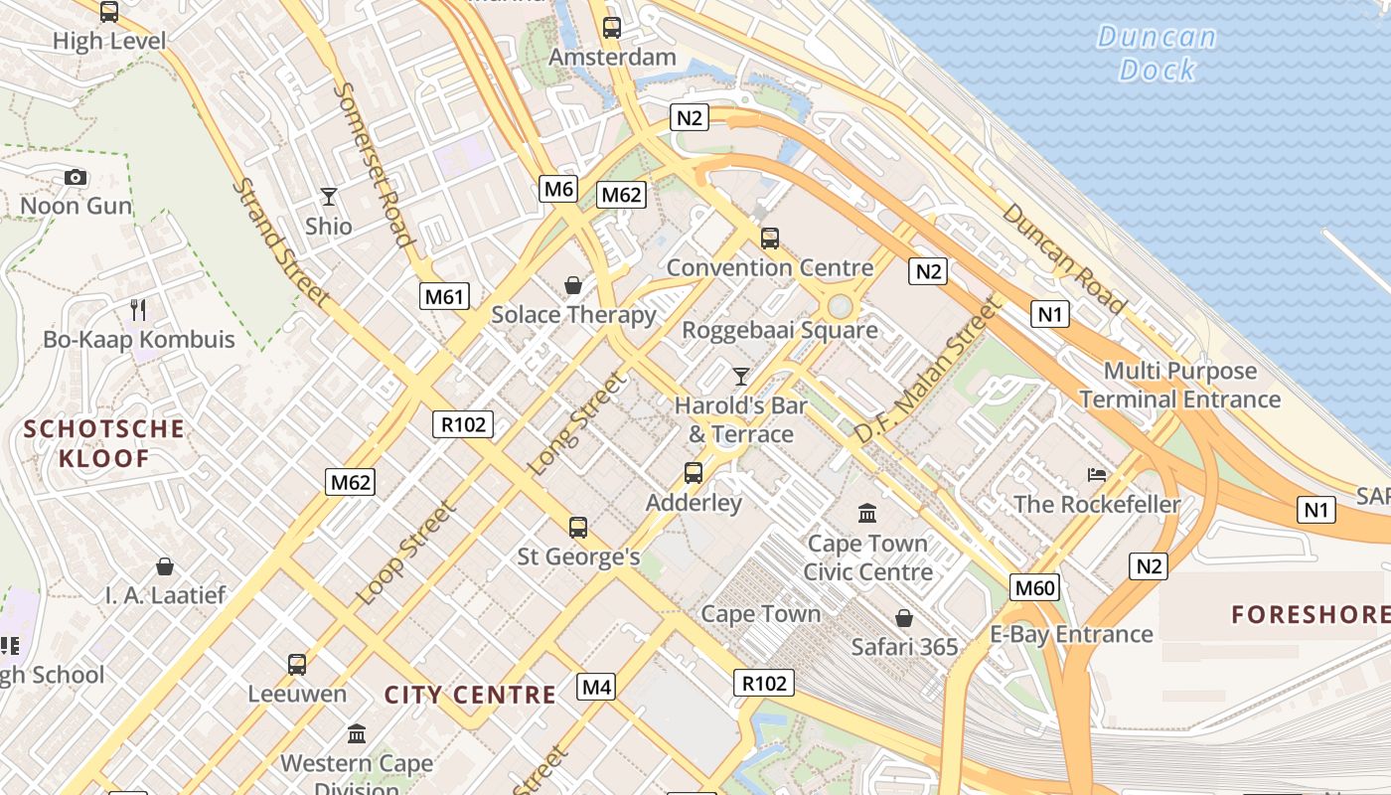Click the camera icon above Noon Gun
point(75,178)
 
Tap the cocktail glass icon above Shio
point(329,197)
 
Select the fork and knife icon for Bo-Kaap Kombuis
point(138,310)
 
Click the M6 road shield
point(558,189)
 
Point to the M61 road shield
point(444,295)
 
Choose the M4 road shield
point(596,686)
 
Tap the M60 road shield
point(1034,587)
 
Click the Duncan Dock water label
point(1157,54)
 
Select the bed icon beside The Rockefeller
point(1097,474)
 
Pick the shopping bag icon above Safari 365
point(903,618)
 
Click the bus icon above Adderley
point(694,473)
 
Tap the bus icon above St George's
point(577,527)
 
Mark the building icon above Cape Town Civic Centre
point(867,514)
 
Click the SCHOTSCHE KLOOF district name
point(103,443)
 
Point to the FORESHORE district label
point(1311,614)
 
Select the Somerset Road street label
point(373,164)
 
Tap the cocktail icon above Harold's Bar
point(740,376)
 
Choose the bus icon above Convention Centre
point(769,238)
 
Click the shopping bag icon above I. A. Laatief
point(165,566)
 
